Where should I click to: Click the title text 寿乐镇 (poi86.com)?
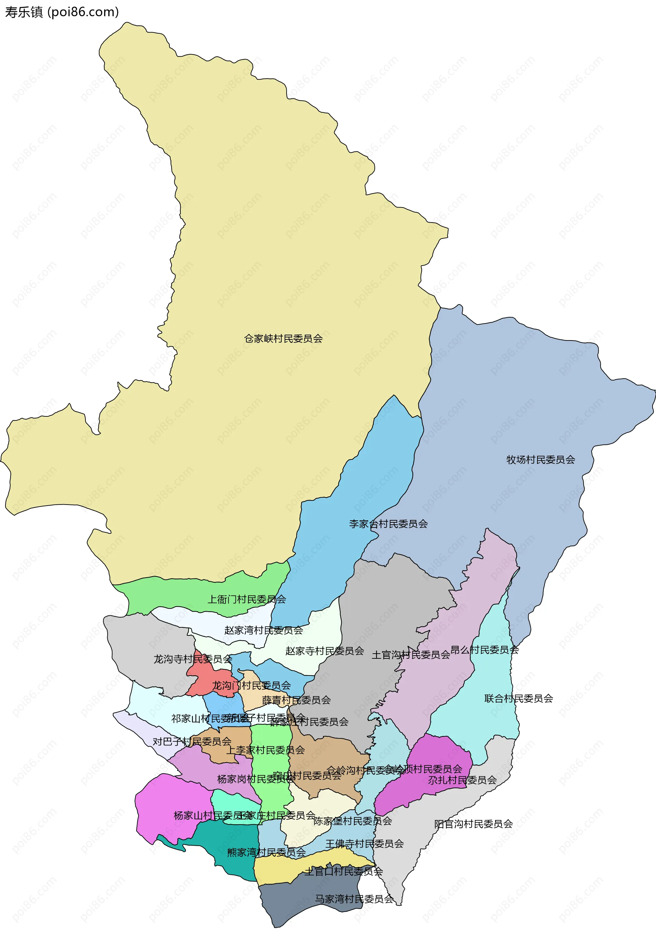click(x=61, y=12)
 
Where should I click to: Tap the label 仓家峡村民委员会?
click(x=283, y=339)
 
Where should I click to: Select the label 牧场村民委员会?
click(x=541, y=460)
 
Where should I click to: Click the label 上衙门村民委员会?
click(x=246, y=599)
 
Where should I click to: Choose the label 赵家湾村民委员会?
click(x=263, y=630)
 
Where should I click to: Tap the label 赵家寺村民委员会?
click(x=325, y=651)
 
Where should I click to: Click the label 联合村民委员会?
click(x=518, y=698)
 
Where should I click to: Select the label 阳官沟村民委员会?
click(x=474, y=824)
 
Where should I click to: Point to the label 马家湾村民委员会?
click(x=354, y=899)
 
